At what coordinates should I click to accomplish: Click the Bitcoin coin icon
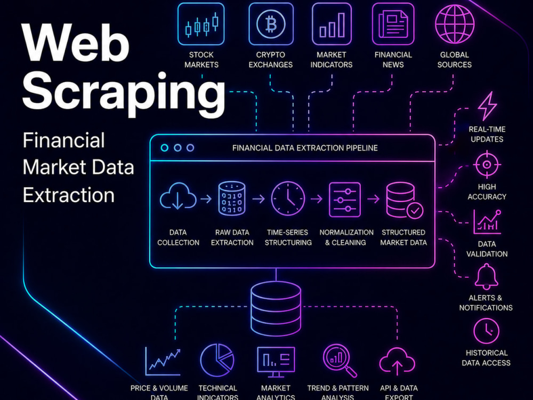271,24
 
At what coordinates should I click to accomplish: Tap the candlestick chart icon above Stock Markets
201,24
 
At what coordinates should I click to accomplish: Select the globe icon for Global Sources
455,24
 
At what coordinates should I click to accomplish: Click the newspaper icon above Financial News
393,24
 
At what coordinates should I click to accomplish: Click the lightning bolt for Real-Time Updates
488,106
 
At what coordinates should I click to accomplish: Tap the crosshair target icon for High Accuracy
487,165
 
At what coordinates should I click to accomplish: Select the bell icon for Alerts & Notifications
487,277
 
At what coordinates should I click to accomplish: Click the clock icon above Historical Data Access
487,331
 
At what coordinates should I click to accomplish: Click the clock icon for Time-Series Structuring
288,198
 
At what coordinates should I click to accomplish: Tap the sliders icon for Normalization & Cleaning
345,199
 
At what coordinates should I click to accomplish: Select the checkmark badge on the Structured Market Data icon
415,211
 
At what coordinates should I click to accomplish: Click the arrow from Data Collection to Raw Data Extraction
206,198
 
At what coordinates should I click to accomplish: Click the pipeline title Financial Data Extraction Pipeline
305,148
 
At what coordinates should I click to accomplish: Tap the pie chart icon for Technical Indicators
217,360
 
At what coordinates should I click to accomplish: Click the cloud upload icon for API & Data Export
397,361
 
